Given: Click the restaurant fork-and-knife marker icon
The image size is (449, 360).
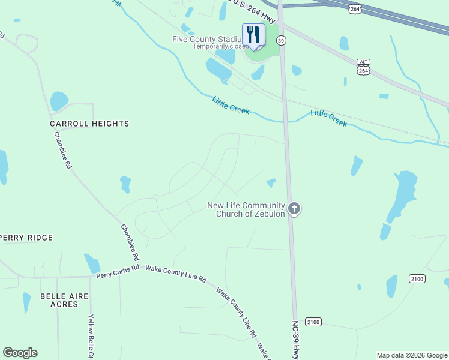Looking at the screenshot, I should (253, 35).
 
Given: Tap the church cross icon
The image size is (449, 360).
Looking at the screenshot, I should (294, 209).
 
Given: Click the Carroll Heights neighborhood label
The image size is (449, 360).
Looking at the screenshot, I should (89, 124).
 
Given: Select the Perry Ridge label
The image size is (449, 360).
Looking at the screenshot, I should (26, 238).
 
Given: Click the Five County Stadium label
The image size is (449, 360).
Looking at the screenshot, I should (207, 39).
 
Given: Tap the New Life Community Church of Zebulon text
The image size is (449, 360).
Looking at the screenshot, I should (246, 209).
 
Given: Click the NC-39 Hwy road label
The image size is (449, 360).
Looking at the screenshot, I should (295, 339).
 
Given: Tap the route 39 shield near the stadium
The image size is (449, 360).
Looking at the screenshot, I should (280, 40).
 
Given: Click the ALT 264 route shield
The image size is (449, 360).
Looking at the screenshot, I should (363, 66).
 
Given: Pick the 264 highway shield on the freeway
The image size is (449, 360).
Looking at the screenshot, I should (355, 9).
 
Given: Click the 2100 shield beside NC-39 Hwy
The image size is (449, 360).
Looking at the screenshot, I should (313, 322).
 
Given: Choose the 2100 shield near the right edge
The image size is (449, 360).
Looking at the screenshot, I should (417, 278).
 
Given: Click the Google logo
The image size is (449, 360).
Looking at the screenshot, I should (20, 353).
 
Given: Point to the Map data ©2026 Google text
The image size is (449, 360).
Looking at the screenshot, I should (412, 355).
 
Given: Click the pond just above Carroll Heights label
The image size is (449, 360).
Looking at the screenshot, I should (59, 100).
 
